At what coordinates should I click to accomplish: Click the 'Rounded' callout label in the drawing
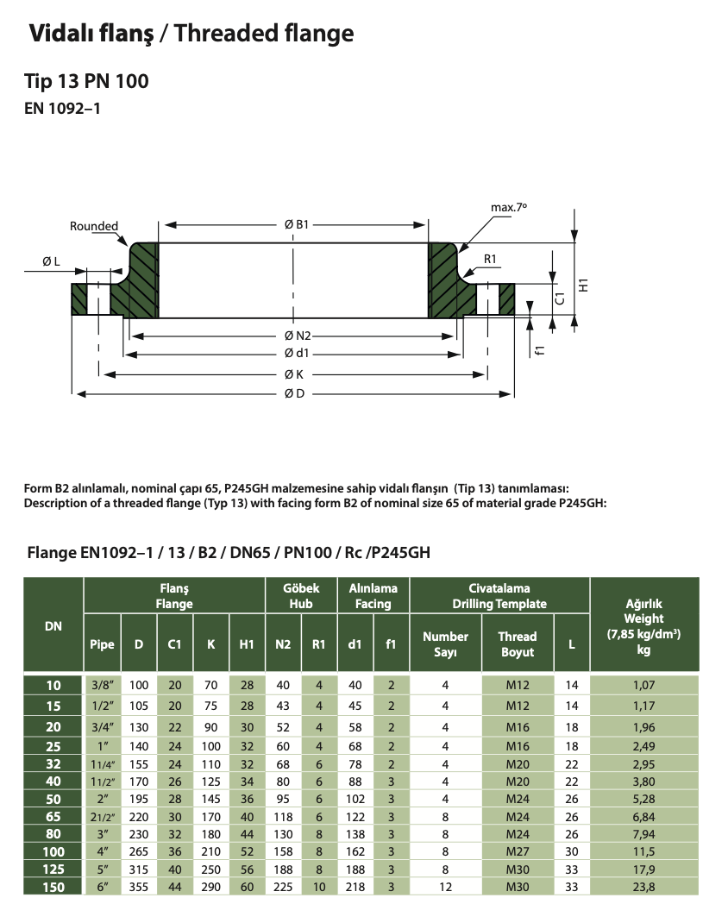pos(94,226)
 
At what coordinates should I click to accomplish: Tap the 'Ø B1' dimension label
pos(296,224)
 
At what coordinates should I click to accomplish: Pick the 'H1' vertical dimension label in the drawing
pos(583,285)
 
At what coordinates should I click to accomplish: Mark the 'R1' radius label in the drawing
pos(491,259)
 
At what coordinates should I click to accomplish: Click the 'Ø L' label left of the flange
pos(51,261)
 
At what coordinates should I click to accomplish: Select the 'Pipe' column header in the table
pos(102,643)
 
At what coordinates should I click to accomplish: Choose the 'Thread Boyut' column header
pos(517,644)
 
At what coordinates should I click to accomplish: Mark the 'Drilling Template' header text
pos(499,604)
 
